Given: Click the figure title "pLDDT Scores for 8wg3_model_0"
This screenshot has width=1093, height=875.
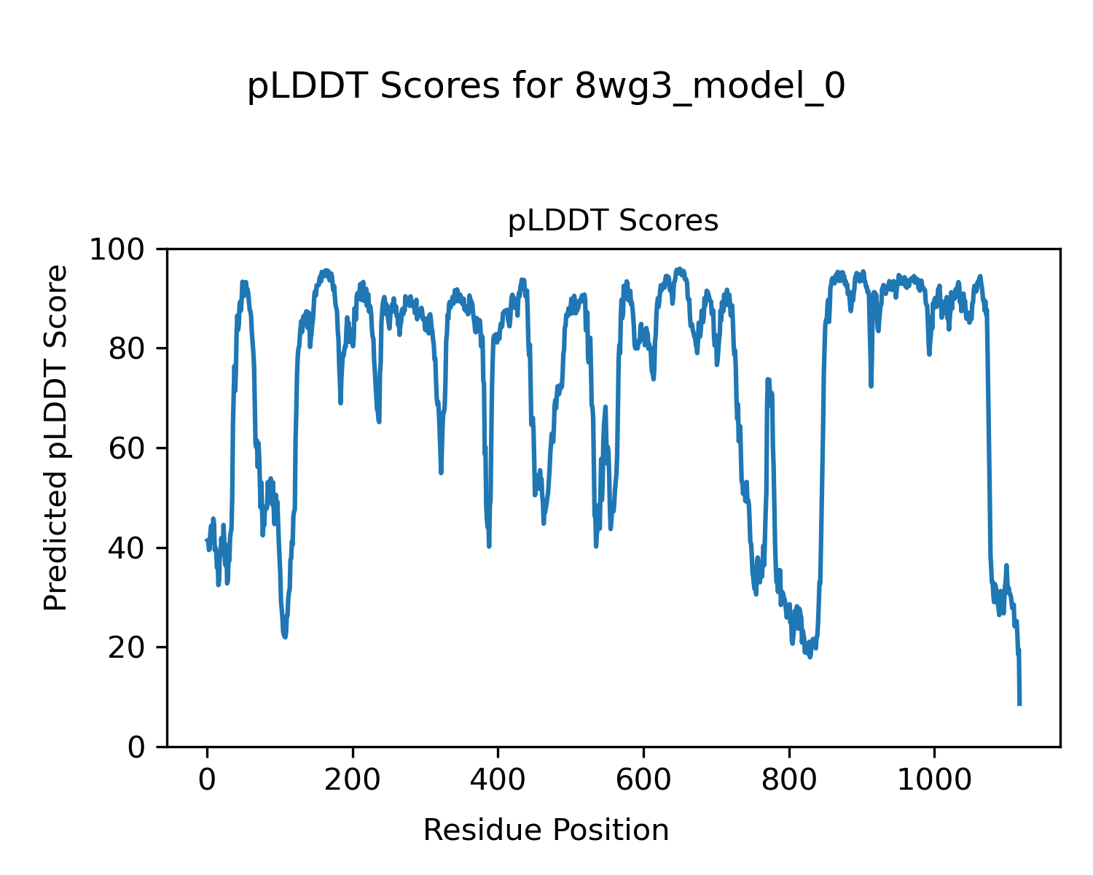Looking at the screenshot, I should click(x=546, y=87).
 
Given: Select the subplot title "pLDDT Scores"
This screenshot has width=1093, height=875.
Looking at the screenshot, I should click(x=613, y=221).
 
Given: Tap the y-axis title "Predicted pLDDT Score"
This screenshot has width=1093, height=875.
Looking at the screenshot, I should click(x=56, y=437).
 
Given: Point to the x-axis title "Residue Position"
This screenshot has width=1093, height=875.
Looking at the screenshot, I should click(x=546, y=831).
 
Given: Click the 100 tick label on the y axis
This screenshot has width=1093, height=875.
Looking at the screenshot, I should click(x=125, y=249).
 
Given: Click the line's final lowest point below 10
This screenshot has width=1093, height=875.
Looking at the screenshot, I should click(x=1019, y=704).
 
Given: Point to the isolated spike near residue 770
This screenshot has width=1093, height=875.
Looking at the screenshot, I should click(x=767, y=380).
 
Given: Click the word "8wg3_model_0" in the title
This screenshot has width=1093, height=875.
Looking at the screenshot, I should click(x=710, y=87).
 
